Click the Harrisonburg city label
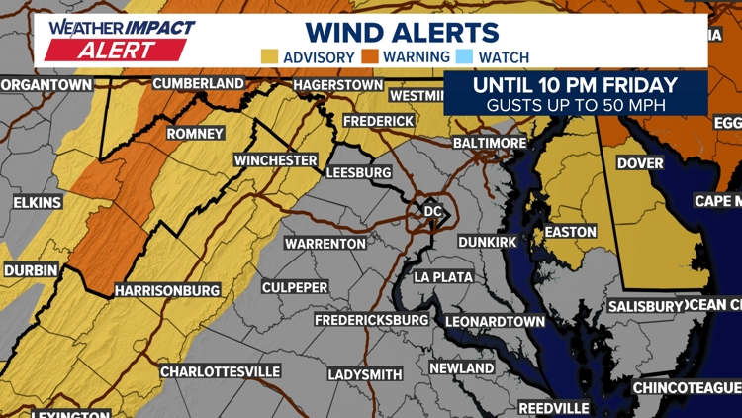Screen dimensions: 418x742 [x=166, y=291]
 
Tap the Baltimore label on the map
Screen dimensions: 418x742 [x=490, y=144]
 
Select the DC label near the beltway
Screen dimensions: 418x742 [x=431, y=211]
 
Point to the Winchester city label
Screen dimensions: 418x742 [x=275, y=160]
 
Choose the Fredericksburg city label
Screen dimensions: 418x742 [x=371, y=321]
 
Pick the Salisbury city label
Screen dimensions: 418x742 [x=645, y=307]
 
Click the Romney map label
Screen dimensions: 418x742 [x=196, y=134]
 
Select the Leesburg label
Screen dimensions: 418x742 [x=358, y=172]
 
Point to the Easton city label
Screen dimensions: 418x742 [x=571, y=232]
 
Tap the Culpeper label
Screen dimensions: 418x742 [x=295, y=287]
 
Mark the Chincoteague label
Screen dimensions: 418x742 [x=687, y=386]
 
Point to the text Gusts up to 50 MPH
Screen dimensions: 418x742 [x=575, y=103]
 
